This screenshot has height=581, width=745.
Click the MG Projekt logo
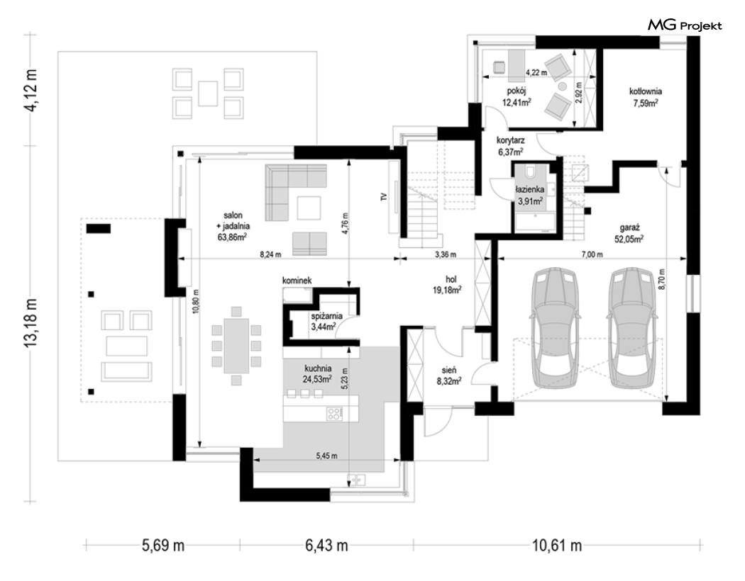(x=685, y=26)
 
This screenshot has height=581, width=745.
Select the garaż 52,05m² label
(x=629, y=234)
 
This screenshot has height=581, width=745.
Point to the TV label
(x=384, y=196)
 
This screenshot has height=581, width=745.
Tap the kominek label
(x=297, y=281)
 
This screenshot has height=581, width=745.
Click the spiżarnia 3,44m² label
(x=326, y=321)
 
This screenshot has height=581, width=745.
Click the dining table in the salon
(x=236, y=345)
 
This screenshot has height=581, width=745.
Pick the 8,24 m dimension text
(x=270, y=254)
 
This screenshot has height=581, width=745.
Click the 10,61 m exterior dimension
(x=556, y=546)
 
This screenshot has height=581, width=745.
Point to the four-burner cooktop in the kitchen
(x=334, y=414)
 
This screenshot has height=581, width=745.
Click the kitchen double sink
(x=356, y=480)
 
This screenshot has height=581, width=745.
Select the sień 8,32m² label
(x=448, y=375)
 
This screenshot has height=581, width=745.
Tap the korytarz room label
(x=510, y=146)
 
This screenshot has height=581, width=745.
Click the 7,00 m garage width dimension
(x=592, y=254)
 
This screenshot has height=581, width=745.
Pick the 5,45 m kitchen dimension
(x=326, y=456)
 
